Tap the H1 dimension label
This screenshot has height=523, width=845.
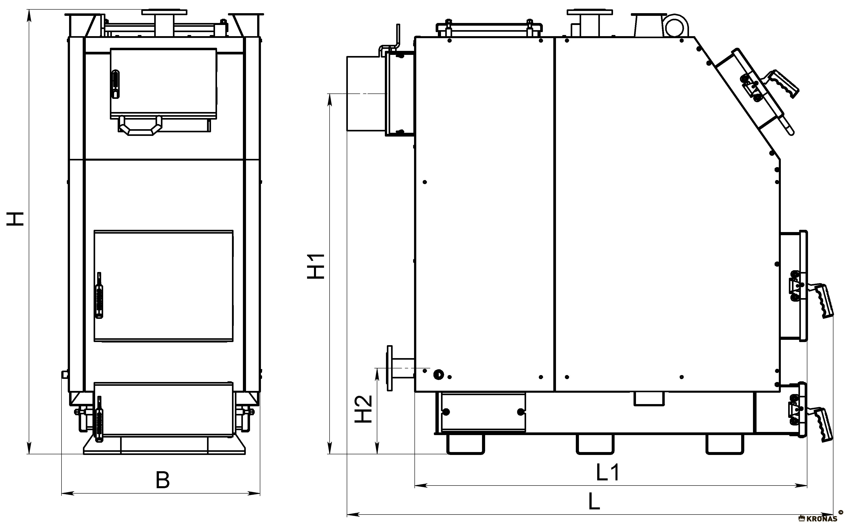tap(316, 266)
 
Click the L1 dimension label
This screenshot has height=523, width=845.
tap(608, 472)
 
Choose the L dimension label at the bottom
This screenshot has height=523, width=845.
tap(594, 501)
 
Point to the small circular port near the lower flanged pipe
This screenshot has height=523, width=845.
tap(439, 374)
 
